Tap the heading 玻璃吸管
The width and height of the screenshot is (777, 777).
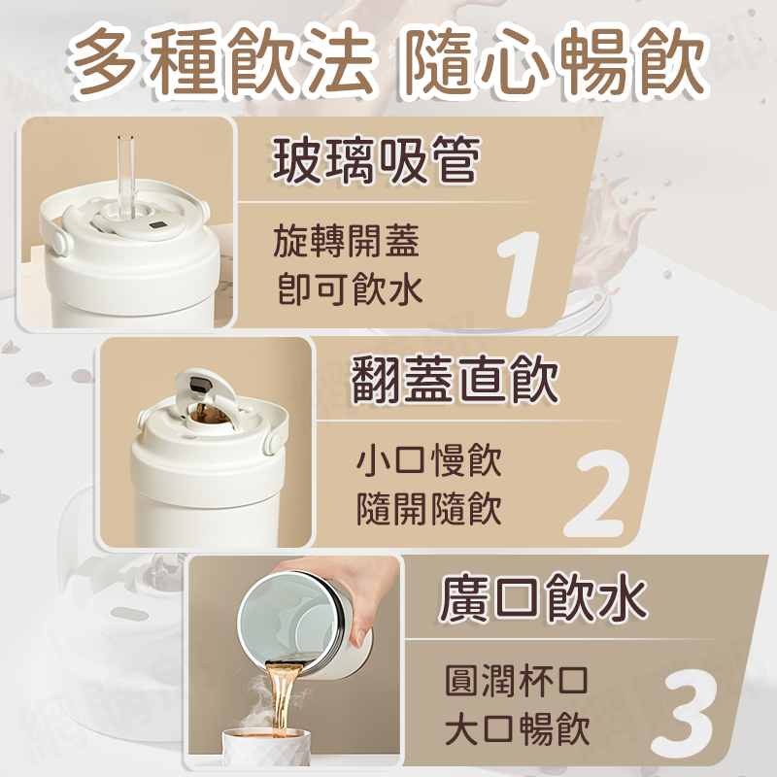377,159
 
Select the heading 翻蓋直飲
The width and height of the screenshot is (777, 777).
456,379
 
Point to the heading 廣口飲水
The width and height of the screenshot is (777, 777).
543,597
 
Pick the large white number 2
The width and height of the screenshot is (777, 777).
597,493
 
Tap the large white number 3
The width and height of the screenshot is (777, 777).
684,713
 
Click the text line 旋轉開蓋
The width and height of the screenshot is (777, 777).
347,241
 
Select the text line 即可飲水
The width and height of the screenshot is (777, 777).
349,288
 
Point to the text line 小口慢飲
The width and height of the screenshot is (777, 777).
429,460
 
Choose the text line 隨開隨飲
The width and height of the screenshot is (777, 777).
429,508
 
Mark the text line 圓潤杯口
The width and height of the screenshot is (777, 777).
517,681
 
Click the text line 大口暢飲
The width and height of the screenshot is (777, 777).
517,728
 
